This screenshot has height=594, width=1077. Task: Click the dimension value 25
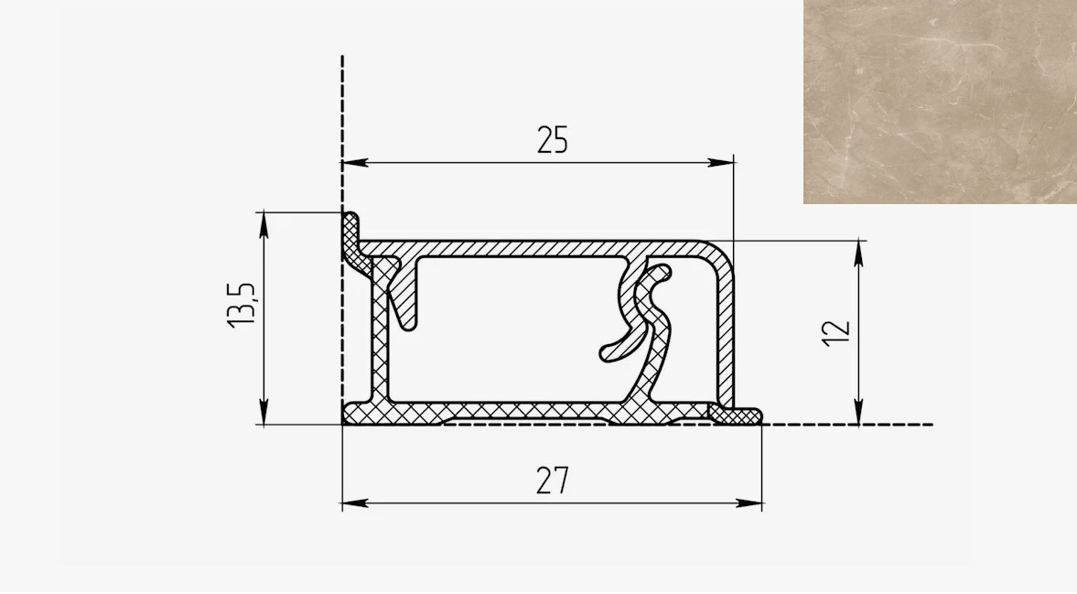click(553, 140)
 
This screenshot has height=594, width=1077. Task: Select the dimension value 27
click(553, 481)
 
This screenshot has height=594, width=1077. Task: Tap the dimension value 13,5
click(241, 305)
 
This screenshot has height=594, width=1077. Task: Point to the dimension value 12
click(836, 334)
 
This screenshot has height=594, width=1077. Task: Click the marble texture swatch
click(941, 102)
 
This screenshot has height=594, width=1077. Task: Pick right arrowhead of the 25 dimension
click(721, 163)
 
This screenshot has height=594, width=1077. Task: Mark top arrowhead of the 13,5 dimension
click(264, 225)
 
